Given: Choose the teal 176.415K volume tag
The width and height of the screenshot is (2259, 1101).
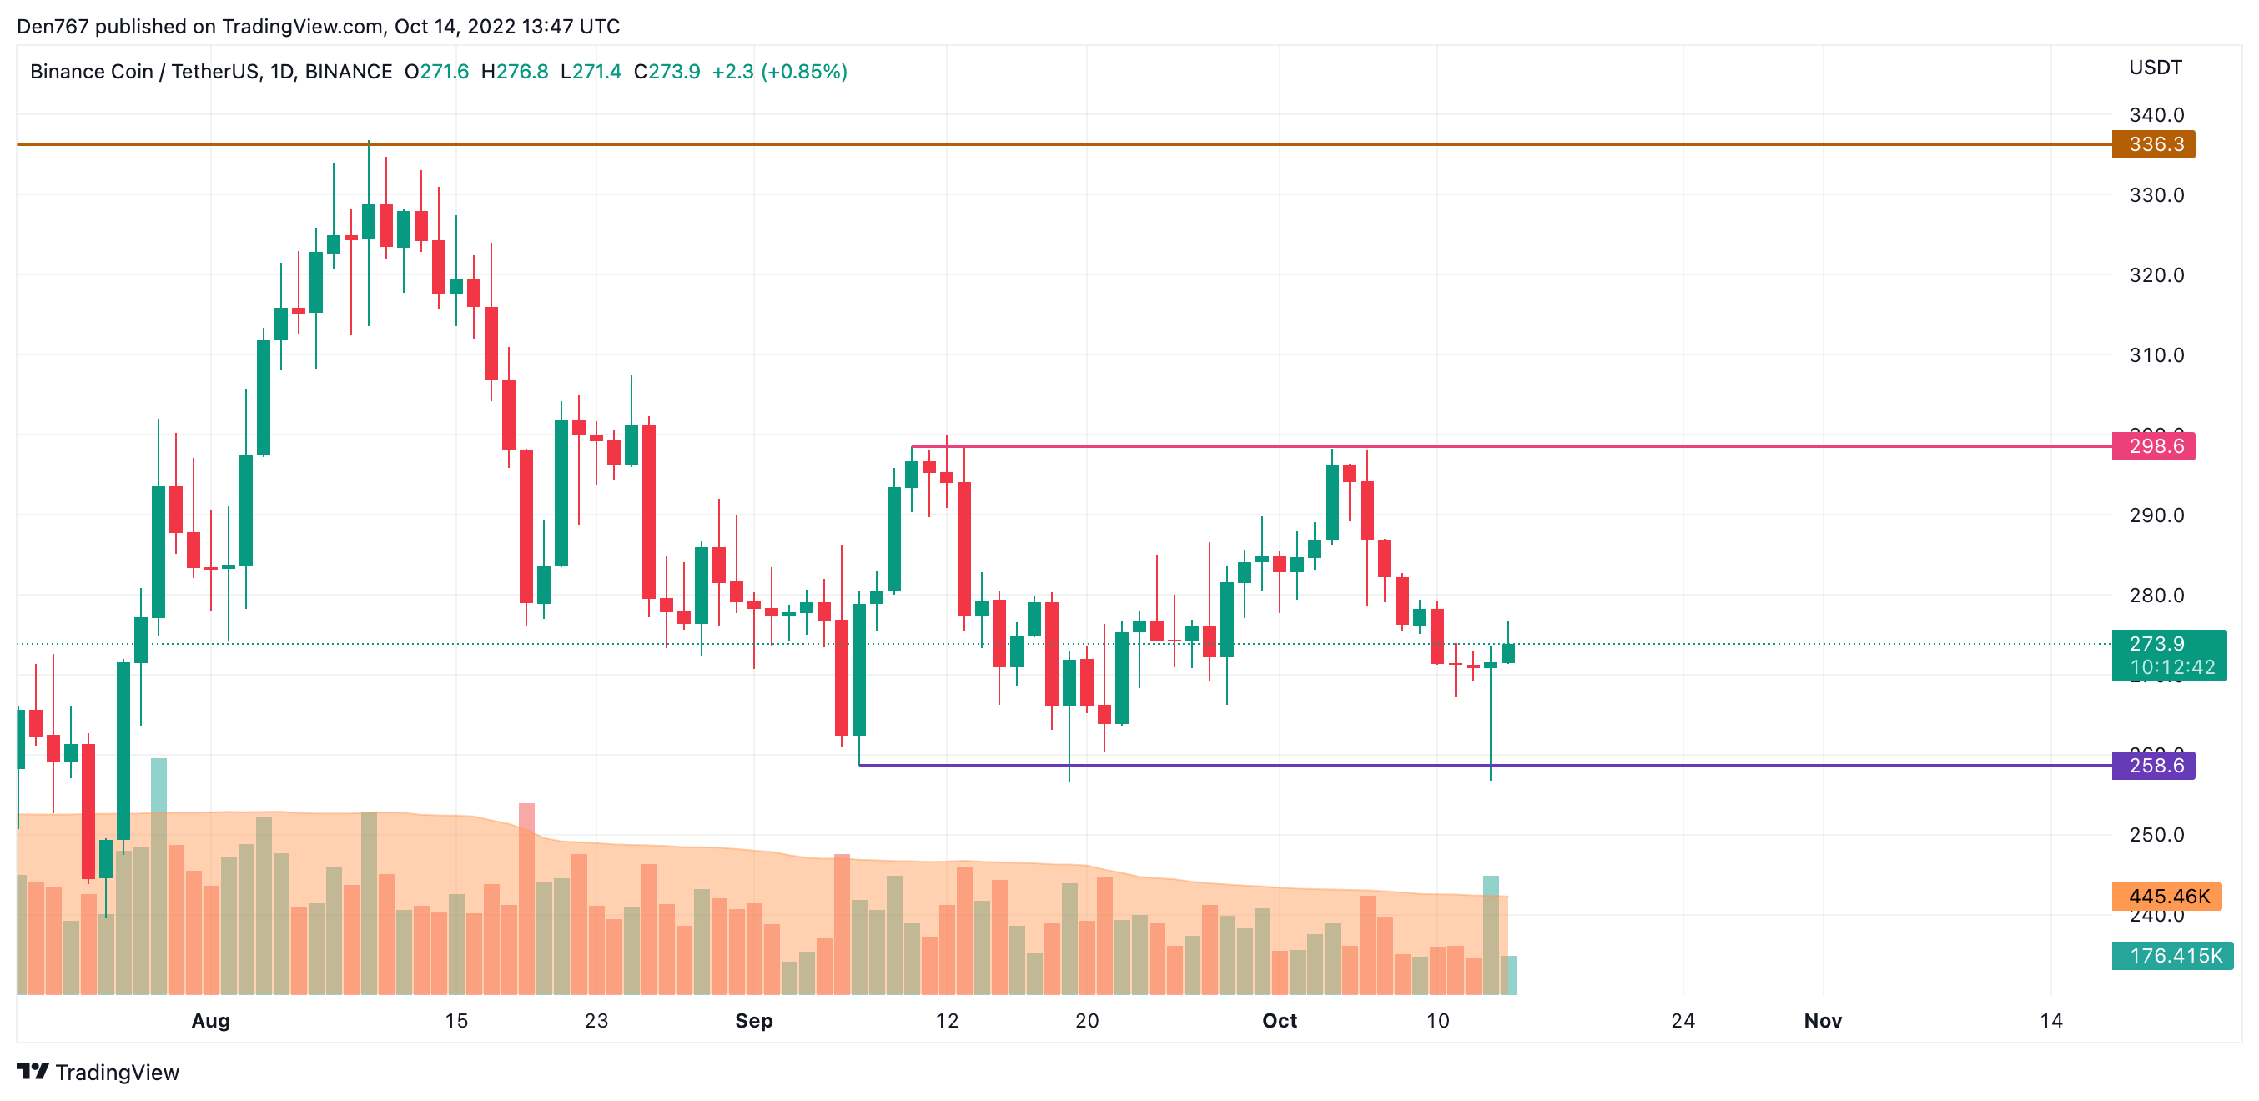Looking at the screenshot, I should (x=2172, y=956).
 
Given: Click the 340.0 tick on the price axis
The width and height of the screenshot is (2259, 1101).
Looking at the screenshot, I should (x=2156, y=115).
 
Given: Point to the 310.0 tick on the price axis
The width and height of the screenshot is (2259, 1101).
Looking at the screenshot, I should (x=2156, y=355).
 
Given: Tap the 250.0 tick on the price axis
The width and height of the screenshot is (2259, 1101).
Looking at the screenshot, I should (x=2156, y=835).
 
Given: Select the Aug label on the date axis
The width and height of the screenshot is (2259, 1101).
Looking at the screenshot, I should (x=210, y=1020).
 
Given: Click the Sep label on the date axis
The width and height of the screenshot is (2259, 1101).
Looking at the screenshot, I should (x=753, y=1020).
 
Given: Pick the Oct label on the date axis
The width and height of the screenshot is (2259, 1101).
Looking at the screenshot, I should (x=1280, y=1020).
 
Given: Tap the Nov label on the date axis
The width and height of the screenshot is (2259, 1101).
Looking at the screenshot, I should (x=1822, y=1020).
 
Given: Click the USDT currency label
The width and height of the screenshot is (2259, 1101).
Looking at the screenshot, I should (x=2155, y=68).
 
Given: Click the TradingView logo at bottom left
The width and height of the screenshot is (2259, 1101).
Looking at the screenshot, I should (x=98, y=1072).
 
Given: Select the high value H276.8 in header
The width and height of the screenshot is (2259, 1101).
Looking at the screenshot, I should (x=515, y=71).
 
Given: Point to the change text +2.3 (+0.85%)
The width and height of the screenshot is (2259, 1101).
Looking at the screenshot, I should (x=779, y=71).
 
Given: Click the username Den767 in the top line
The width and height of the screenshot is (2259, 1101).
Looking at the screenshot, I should (x=53, y=27).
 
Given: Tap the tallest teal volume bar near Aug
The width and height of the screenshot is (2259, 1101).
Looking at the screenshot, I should (x=158, y=877).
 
